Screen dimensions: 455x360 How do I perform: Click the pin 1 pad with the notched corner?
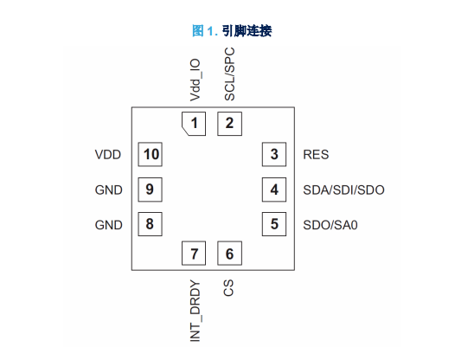point(194,124)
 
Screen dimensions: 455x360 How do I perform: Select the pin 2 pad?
point(229,124)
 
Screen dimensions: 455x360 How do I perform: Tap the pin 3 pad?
point(274,154)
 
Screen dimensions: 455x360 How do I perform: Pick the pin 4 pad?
point(274,190)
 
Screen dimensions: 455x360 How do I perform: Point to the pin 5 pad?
point(274,224)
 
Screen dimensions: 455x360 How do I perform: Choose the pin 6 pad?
point(229,254)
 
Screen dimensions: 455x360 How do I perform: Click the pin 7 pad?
point(194,254)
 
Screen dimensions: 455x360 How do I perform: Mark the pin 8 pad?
point(150,224)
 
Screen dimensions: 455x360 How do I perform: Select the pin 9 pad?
point(150,190)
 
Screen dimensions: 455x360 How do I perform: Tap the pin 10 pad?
point(150,154)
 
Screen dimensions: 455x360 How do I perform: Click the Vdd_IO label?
point(195,80)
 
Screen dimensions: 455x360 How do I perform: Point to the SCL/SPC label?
point(229,74)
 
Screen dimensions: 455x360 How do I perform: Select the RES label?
point(316,154)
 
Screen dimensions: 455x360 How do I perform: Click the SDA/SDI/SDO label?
point(344,190)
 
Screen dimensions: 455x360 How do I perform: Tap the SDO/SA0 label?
point(330,225)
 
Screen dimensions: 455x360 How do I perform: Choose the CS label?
point(228,287)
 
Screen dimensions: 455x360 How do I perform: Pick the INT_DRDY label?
point(195,311)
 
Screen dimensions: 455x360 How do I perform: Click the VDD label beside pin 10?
point(108,154)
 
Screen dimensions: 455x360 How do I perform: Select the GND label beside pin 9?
point(109,190)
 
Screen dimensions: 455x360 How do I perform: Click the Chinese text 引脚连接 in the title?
point(247,31)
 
